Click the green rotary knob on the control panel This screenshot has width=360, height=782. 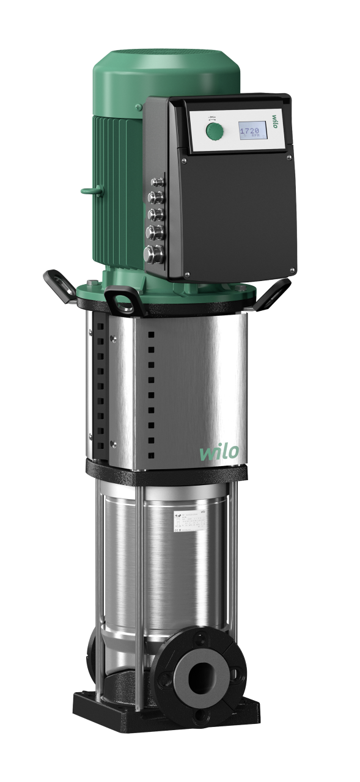pyautogui.click(x=215, y=131)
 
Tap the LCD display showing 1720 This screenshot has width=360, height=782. pyautogui.click(x=252, y=133)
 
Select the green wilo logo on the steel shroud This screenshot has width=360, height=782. pyautogui.click(x=219, y=453)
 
